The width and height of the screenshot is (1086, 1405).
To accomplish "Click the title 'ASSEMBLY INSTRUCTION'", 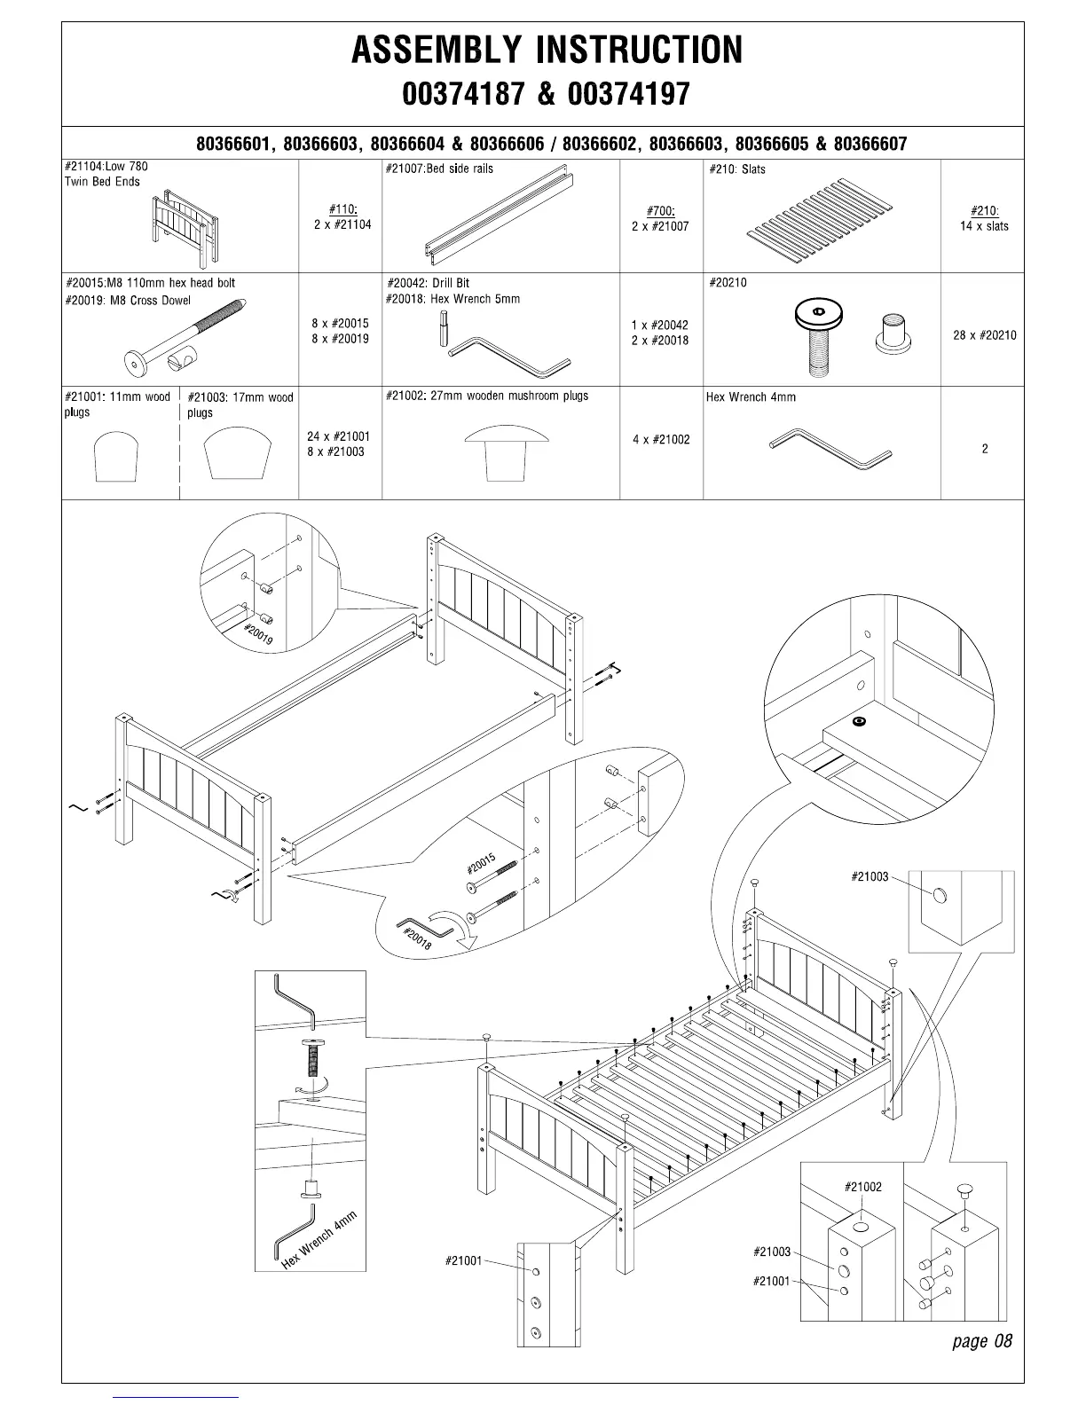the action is point(547,51).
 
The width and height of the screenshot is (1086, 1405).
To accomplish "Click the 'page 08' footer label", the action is point(981,1340).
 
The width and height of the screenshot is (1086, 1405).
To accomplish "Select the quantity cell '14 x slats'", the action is point(984,226).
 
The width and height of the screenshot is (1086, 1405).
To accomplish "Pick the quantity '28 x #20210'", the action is point(984,335).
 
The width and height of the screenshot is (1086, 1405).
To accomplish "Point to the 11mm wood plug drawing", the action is point(116,455).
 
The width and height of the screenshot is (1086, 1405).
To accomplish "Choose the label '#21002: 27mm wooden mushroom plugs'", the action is point(487,396).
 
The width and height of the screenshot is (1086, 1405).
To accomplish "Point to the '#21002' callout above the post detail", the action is point(862,1187).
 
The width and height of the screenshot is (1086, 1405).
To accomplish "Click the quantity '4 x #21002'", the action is point(661,440).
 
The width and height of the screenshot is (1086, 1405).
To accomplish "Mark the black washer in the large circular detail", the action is point(858,722).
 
